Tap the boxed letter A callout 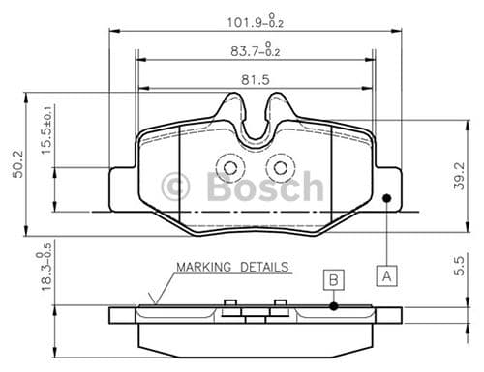385,273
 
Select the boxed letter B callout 332,279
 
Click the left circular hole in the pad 229,168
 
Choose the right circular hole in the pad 280,168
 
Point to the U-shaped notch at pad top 255,121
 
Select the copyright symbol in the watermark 178,186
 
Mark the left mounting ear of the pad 123,187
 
